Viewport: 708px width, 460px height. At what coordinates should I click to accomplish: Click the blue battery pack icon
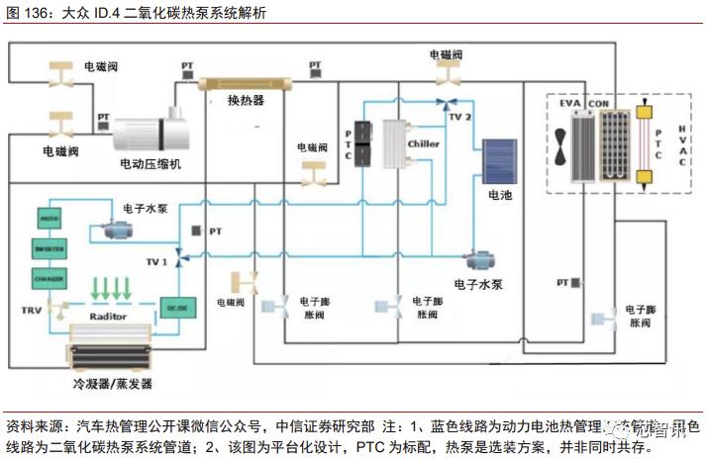point(499,161)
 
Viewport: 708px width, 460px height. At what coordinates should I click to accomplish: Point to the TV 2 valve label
point(460,116)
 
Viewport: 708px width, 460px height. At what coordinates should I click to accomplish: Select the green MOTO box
point(50,216)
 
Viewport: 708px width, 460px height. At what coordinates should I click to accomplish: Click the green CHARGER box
point(50,279)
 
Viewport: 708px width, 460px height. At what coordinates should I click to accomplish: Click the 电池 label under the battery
point(500,195)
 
